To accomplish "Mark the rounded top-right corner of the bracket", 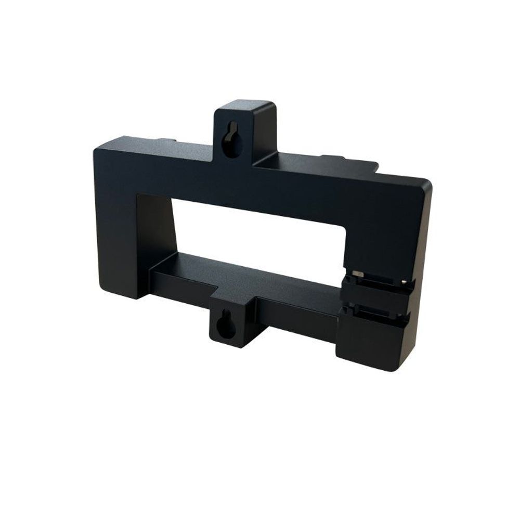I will (424, 185).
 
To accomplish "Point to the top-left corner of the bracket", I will (99, 148).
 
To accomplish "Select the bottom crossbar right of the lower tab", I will (296, 312).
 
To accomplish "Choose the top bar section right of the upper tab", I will (338, 182).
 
